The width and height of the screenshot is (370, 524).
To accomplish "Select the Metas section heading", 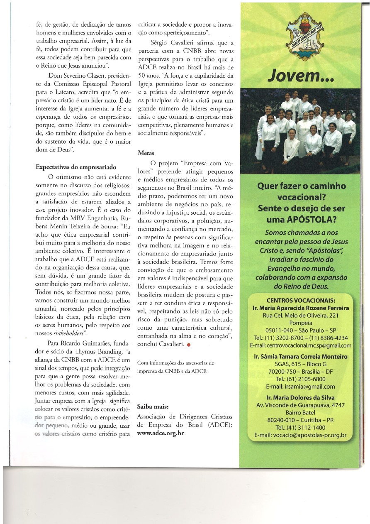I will tap(146, 153).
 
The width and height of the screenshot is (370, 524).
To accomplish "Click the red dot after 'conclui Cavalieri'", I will tap(189, 345).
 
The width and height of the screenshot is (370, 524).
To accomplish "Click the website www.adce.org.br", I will tap(160, 433).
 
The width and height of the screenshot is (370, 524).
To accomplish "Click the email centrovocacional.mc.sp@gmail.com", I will tap(301, 345).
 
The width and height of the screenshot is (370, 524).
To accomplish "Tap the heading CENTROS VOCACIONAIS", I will tap(301, 301).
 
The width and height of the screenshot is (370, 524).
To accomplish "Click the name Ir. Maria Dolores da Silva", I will tap(301, 397).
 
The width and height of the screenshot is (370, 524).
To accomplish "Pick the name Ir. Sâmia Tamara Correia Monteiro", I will tap(301, 357).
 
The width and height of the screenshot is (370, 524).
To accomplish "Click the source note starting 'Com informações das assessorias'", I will tap(175, 367).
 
